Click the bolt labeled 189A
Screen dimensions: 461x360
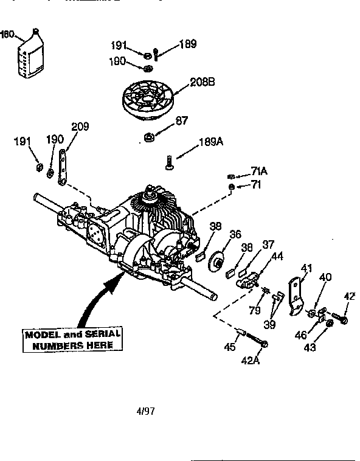[x=169, y=161]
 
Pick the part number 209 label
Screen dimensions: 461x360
[x=79, y=127]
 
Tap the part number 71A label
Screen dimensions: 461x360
[x=259, y=172]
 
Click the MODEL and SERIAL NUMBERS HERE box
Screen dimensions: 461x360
[x=72, y=339]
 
